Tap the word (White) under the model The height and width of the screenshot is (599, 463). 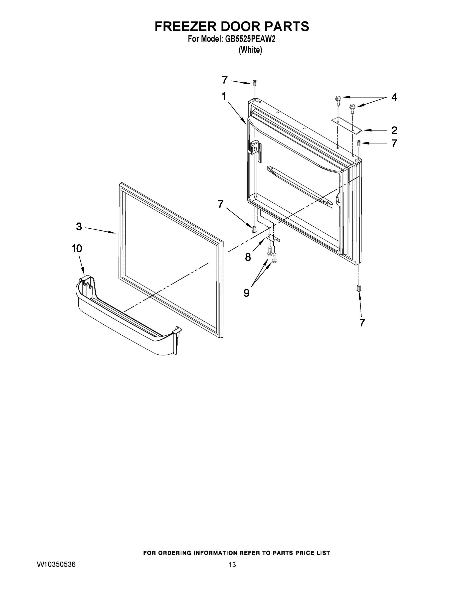[250, 50]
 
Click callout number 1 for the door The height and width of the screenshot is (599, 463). [224, 97]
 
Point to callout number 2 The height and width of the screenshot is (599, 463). [394, 130]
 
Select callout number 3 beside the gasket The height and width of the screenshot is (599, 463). [79, 227]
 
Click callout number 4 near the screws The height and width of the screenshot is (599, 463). [394, 97]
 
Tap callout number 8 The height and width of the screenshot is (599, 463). [248, 257]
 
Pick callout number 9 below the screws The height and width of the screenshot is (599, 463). [246, 293]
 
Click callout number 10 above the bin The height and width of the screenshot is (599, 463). [77, 249]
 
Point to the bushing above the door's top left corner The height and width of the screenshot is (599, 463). [255, 82]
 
